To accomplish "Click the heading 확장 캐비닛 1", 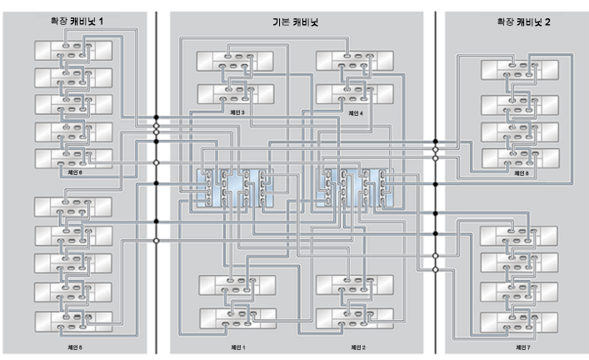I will pyautogui.click(x=77, y=20).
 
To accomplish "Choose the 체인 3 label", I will pyautogui.click(x=238, y=112).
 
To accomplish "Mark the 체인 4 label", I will pyautogui.click(x=356, y=112).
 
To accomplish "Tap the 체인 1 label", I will pyautogui.click(x=238, y=346).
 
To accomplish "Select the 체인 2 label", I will pyautogui.click(x=357, y=346).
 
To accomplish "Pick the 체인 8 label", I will pyautogui.click(x=522, y=174).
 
